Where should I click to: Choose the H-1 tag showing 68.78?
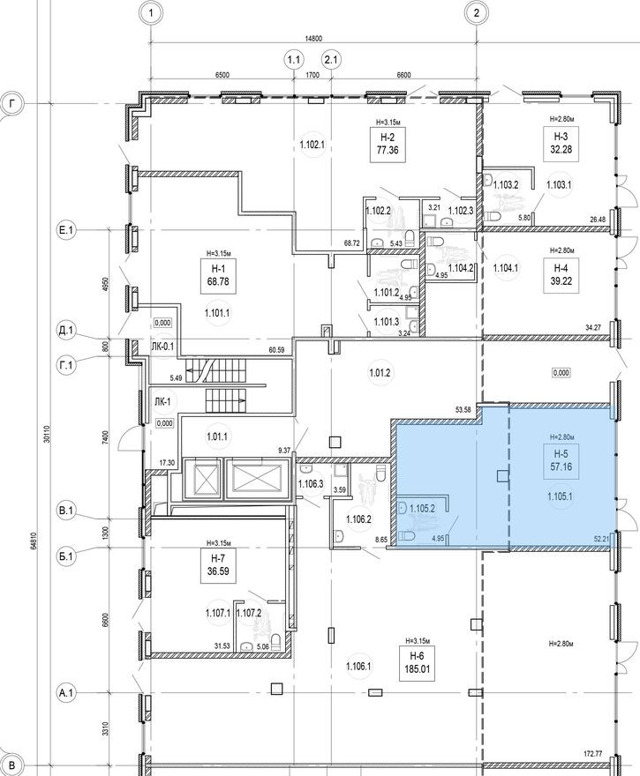tap(216, 274)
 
